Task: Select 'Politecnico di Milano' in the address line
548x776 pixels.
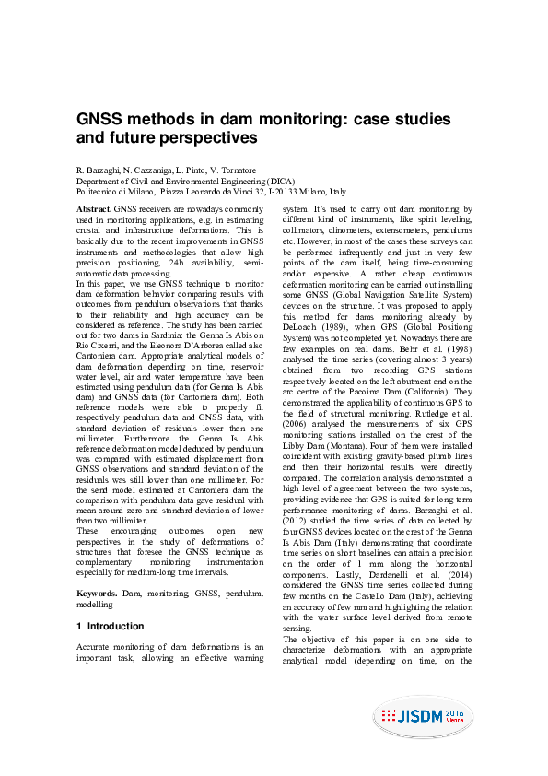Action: click(x=115, y=192)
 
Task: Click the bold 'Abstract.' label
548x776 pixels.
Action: click(x=94, y=211)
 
